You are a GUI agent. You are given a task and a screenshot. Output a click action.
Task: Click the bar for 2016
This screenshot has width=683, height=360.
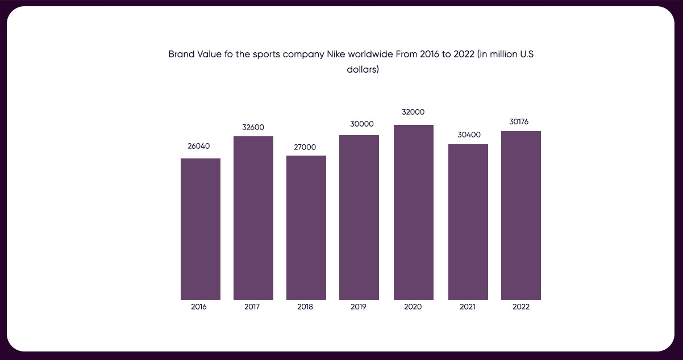201,229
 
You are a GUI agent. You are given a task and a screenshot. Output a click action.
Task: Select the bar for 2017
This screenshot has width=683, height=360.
253,218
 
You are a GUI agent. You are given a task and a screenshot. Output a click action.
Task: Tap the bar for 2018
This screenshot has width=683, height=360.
306,228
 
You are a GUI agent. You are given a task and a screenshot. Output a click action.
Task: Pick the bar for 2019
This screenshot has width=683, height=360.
359,217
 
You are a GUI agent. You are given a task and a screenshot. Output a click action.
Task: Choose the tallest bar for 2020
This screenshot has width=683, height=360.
414,212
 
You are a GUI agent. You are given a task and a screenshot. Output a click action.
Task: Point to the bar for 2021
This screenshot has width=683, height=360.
468,222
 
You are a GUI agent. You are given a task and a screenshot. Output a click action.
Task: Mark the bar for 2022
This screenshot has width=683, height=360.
521,215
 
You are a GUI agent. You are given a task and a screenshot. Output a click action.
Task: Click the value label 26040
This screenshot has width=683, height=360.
199,146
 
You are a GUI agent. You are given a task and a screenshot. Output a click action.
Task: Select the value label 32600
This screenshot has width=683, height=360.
253,127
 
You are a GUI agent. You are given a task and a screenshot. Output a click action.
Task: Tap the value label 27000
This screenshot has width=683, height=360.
305,147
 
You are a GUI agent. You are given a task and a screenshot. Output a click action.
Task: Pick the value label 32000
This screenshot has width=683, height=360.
413,112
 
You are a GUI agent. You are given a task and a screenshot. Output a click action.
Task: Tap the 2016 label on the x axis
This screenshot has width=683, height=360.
199,307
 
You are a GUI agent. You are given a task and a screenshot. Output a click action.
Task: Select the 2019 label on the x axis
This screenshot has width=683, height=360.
359,307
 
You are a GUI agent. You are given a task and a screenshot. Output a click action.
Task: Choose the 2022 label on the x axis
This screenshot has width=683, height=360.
521,307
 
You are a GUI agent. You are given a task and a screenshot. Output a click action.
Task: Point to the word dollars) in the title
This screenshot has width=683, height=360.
363,70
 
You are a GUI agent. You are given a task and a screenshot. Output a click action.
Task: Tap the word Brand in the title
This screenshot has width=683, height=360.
181,55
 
